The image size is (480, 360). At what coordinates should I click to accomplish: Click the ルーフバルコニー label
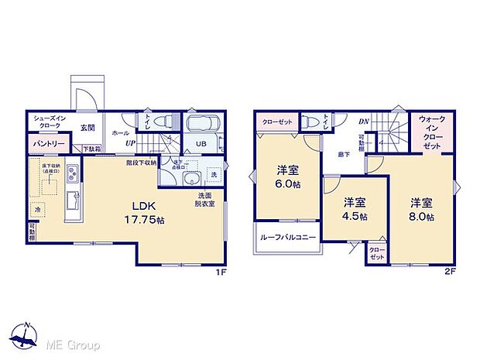click(x=287, y=238)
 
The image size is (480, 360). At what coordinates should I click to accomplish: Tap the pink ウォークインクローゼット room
click(x=432, y=132)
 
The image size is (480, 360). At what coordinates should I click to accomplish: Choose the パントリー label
click(x=48, y=144)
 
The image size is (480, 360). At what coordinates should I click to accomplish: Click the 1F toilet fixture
click(x=163, y=122)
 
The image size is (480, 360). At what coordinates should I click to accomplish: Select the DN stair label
click(x=363, y=122)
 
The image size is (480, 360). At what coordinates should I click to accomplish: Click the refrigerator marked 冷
click(x=37, y=209)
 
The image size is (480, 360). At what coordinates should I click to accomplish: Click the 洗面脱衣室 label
click(x=204, y=199)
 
